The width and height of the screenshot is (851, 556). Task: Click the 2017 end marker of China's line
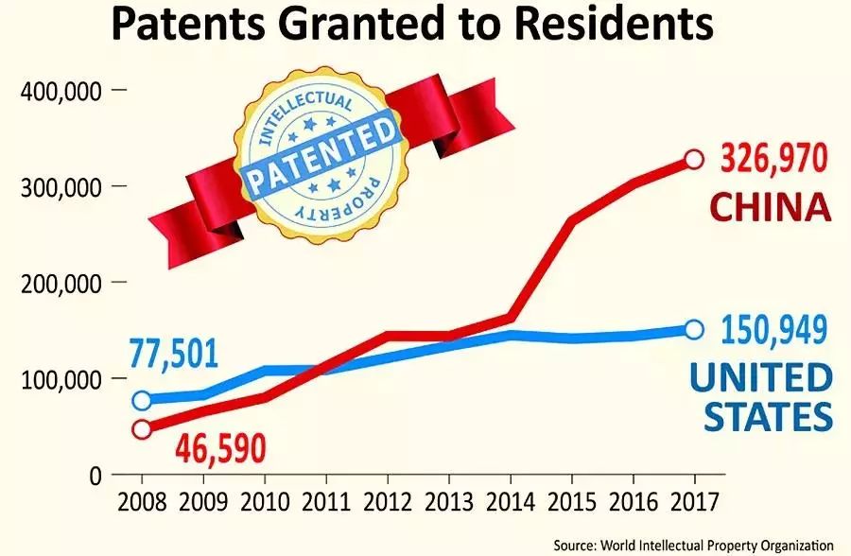click(693, 159)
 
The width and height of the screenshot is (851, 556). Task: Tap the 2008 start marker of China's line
click(142, 428)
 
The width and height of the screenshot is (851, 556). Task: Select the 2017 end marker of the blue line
click(693, 329)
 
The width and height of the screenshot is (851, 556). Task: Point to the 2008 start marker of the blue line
click(142, 400)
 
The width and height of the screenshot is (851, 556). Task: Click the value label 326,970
click(774, 158)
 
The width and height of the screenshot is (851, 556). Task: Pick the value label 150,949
click(774, 330)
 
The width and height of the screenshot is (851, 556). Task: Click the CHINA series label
click(770, 207)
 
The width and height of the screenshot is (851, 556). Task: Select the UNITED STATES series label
click(761, 397)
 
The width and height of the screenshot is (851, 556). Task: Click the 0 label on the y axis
click(94, 476)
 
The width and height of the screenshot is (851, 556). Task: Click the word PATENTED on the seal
click(319, 152)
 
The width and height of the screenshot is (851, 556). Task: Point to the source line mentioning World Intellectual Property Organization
click(694, 546)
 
